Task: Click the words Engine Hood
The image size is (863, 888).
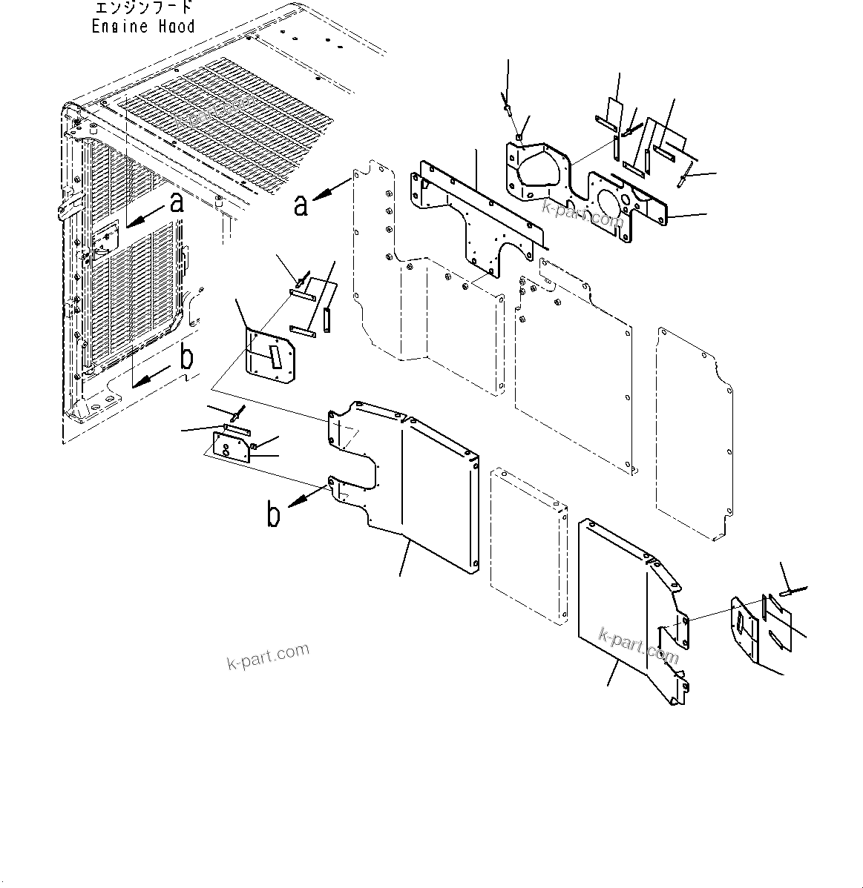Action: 143,26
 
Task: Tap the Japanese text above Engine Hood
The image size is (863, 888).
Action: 143,8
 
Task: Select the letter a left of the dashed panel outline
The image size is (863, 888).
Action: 300,204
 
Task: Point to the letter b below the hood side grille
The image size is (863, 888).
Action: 187,358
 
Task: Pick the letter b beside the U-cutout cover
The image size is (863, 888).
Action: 274,514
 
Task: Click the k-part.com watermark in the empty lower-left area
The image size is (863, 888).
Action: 268,655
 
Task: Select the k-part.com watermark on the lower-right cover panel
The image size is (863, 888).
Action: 639,645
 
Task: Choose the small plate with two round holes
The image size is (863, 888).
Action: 232,447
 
